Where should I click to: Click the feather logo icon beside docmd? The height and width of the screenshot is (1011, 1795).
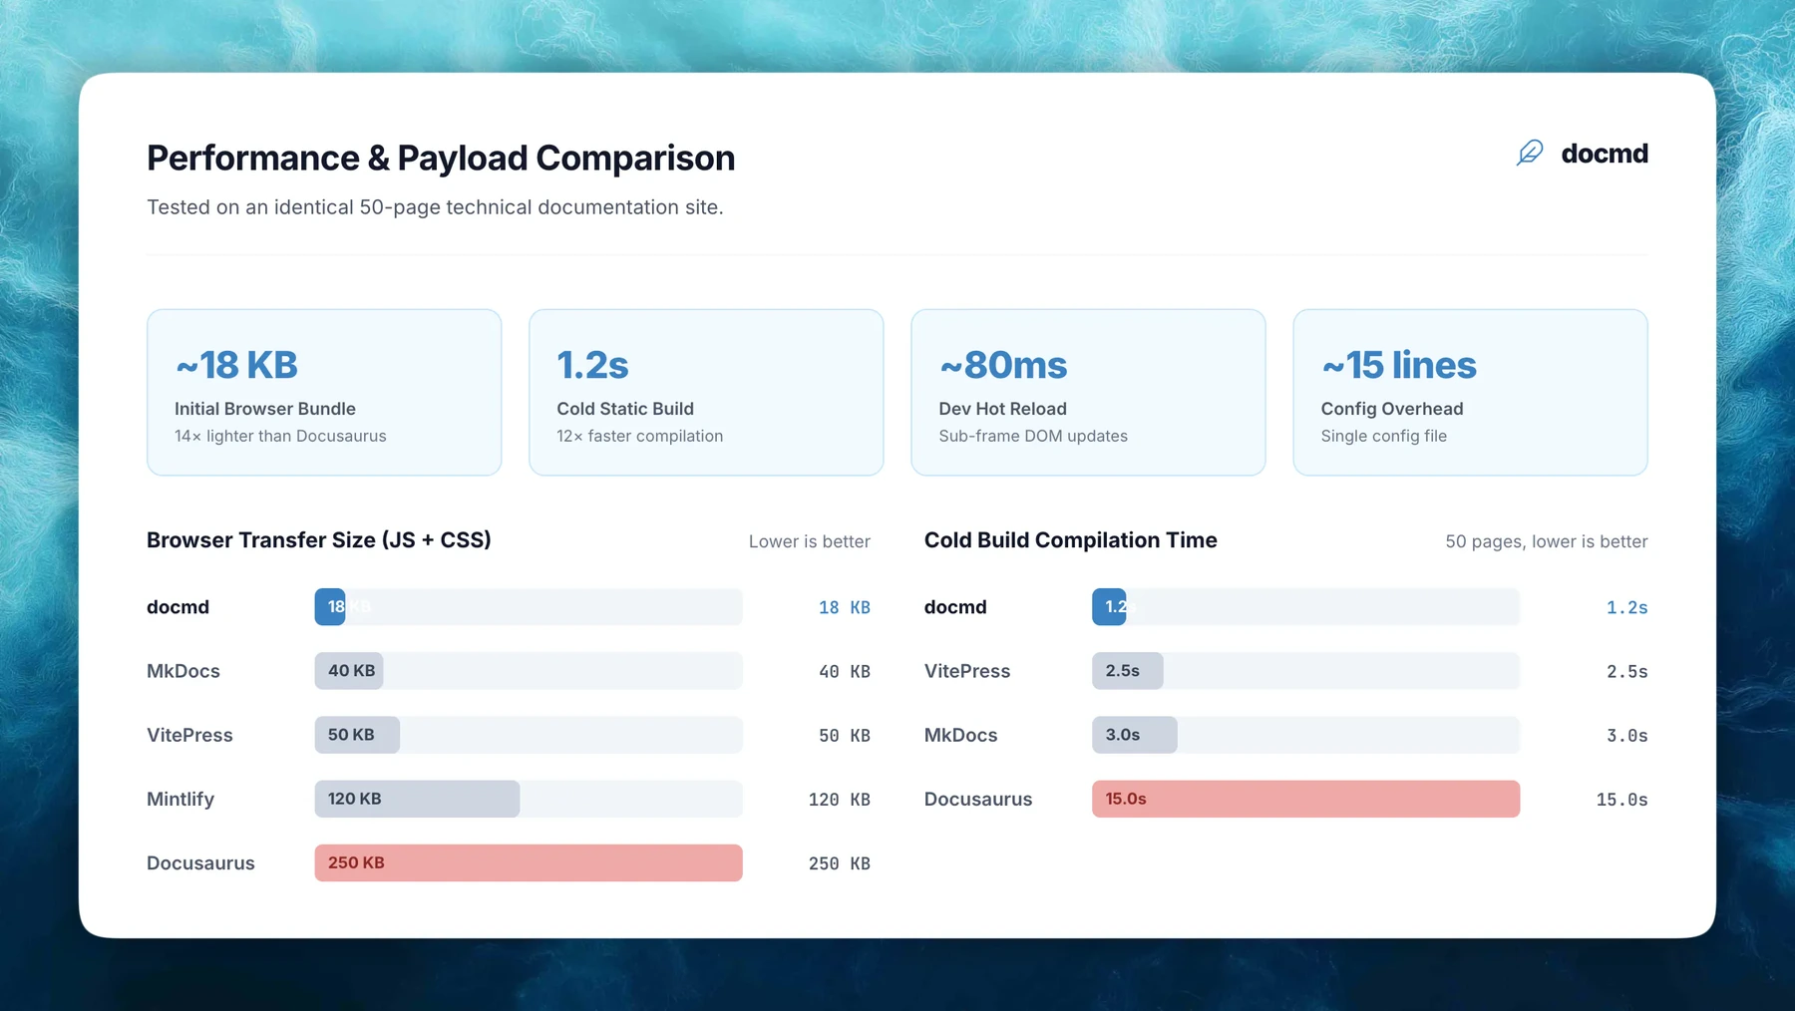point(1530,153)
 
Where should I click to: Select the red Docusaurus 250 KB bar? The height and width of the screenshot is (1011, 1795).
point(529,862)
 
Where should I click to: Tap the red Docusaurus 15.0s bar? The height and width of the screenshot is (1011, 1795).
point(1305,799)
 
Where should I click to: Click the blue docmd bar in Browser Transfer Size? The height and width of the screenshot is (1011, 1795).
point(330,607)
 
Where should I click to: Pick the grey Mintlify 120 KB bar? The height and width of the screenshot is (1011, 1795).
point(417,799)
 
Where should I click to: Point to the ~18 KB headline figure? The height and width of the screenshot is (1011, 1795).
point(236,365)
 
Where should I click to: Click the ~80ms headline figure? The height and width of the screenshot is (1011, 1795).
point(1003,365)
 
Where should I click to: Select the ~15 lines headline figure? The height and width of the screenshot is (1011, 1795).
point(1399,365)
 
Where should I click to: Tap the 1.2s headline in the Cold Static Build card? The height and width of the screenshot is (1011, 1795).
point(592,365)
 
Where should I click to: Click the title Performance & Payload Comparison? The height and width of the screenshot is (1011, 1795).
point(441,158)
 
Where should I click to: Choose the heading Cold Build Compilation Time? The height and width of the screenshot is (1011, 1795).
point(1071,540)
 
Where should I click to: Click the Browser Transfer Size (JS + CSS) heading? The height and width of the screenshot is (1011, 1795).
point(319,540)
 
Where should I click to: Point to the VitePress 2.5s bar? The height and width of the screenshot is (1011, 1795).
point(1128,671)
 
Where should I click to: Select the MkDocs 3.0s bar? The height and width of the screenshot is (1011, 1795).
point(1135,735)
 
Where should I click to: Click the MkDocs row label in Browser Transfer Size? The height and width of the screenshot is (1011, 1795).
point(183,671)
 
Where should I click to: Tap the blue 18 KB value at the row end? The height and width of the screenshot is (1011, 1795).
point(845,607)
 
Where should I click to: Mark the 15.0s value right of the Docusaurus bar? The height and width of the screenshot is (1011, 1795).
point(1621,799)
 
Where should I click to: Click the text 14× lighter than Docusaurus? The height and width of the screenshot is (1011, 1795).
point(280,436)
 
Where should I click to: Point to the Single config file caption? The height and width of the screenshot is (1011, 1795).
point(1384,436)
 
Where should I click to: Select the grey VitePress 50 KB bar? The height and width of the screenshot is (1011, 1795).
point(357,735)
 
